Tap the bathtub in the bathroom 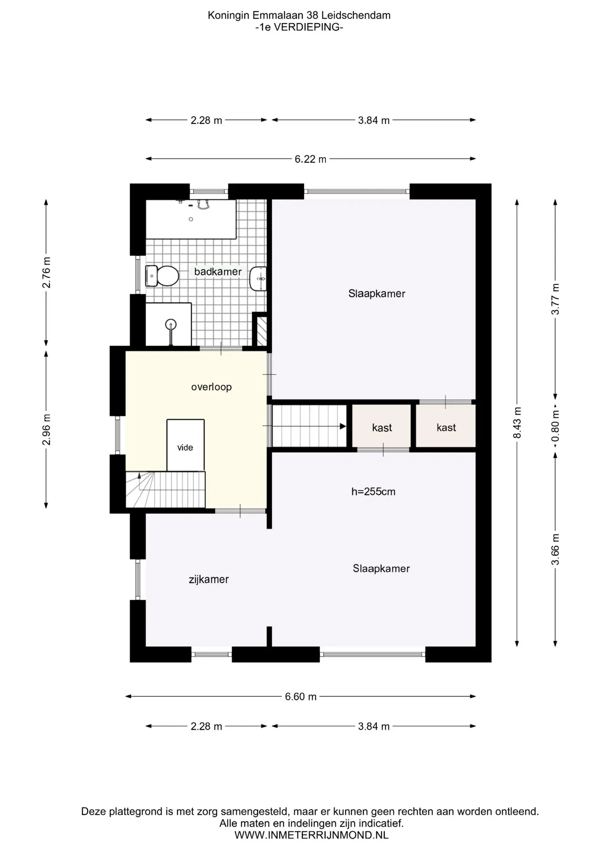pyautogui.click(x=191, y=219)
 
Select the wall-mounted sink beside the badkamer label pyautogui.click(x=258, y=278)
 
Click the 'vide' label pyautogui.click(x=185, y=448)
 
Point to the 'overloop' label pyautogui.click(x=212, y=387)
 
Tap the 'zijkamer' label pyautogui.click(x=209, y=580)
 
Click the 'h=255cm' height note pyautogui.click(x=374, y=491)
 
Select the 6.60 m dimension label pyautogui.click(x=301, y=696)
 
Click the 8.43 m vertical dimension pyautogui.click(x=517, y=423)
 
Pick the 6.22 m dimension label pyautogui.click(x=311, y=159)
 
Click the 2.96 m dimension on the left pyautogui.click(x=46, y=429)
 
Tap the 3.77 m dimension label pyautogui.click(x=555, y=299)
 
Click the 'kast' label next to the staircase pyautogui.click(x=382, y=428)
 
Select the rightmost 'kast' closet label pyautogui.click(x=446, y=427)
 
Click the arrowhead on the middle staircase pyautogui.click(x=343, y=426)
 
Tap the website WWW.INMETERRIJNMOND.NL pyautogui.click(x=312, y=835)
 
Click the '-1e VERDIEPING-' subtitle pyautogui.click(x=299, y=27)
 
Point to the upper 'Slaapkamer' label pyautogui.click(x=377, y=294)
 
